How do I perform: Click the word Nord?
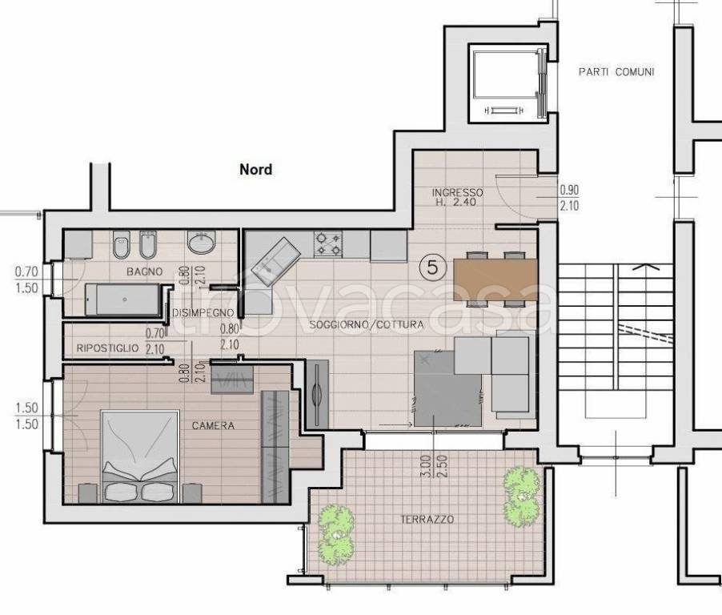click(x=255, y=170)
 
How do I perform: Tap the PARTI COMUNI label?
click(x=616, y=72)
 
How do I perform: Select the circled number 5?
click(x=432, y=267)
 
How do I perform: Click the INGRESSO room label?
click(x=457, y=192)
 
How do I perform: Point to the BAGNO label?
click(x=145, y=271)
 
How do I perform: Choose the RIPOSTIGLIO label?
click(x=107, y=348)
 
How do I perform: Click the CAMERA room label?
click(x=213, y=426)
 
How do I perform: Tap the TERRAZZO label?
click(x=427, y=519)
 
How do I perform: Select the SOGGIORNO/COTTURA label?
click(x=366, y=324)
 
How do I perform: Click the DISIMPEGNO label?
click(x=203, y=313)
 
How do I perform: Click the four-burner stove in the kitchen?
click(x=328, y=244)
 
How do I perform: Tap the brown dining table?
click(x=495, y=279)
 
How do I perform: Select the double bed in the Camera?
click(x=139, y=456)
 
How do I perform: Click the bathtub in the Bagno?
click(x=123, y=299)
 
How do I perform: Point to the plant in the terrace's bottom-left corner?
click(x=337, y=532)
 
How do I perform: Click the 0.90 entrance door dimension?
click(x=569, y=190)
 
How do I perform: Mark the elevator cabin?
click(x=504, y=83)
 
